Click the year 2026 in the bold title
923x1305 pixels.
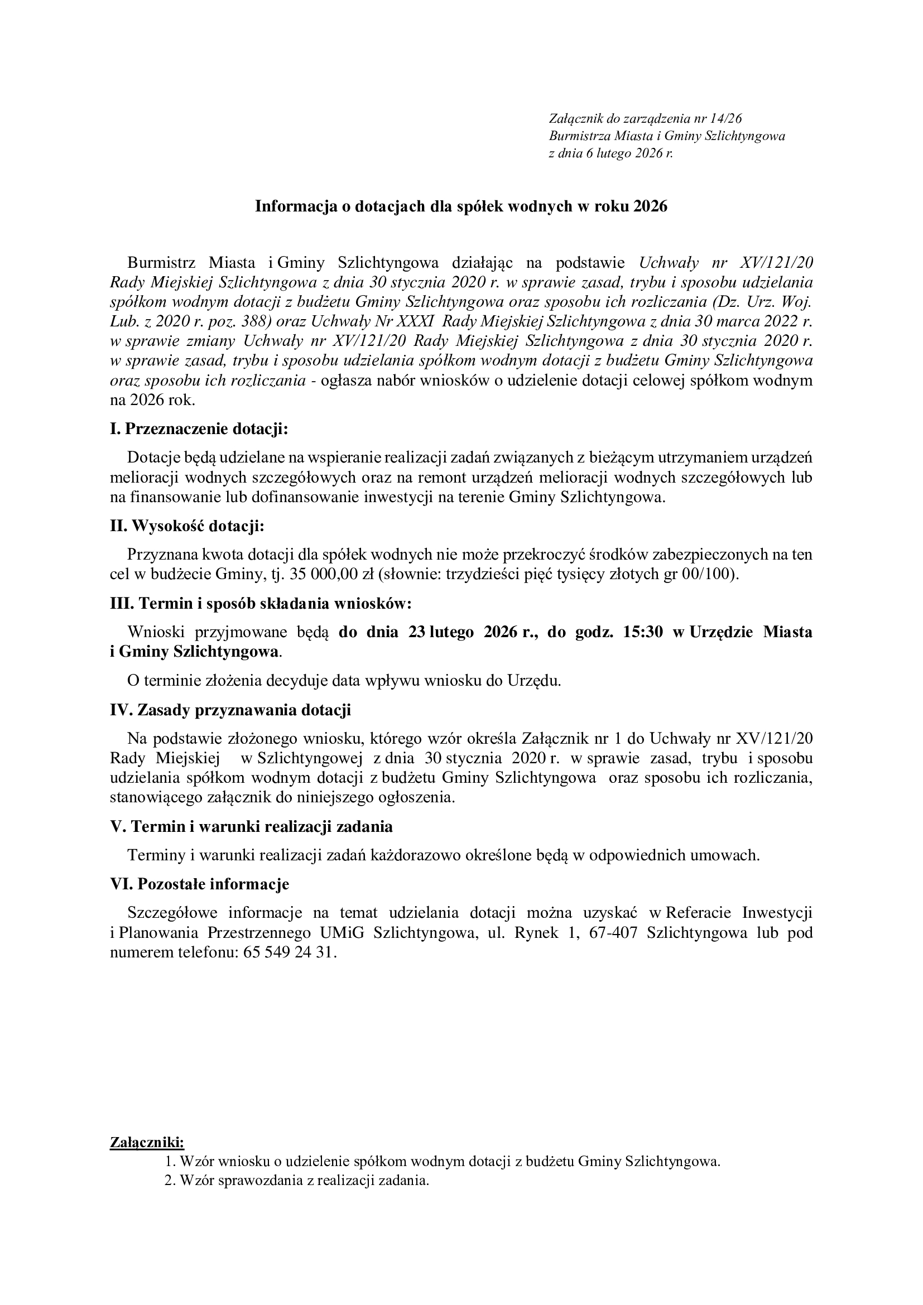point(650,206)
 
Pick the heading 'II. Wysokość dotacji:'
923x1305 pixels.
point(187,526)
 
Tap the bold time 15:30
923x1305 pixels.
point(643,633)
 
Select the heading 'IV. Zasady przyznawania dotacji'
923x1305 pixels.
point(230,710)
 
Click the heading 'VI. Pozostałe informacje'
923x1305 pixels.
point(199,884)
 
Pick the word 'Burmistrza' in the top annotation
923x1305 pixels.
point(576,136)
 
